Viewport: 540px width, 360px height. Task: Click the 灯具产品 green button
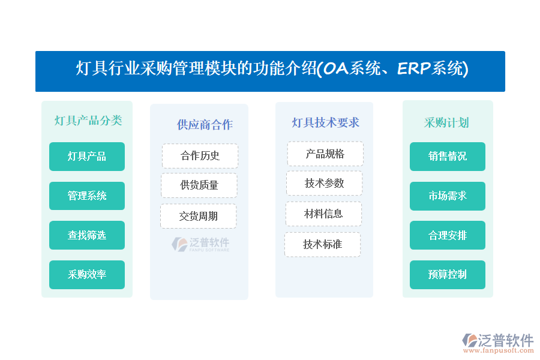click(87, 157)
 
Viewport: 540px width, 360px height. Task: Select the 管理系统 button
click(87, 196)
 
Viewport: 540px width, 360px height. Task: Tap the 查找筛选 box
click(87, 235)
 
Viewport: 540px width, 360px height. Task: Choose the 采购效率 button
click(87, 275)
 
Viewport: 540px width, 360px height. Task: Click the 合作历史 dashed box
click(200, 156)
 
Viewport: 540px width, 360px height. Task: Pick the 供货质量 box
click(199, 185)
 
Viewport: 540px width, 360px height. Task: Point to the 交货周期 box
click(199, 216)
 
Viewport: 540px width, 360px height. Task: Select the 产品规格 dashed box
click(325, 154)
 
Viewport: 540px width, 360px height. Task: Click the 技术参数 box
click(325, 183)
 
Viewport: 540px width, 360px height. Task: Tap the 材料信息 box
click(323, 214)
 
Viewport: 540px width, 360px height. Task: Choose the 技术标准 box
click(322, 245)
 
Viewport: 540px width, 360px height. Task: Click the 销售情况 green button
click(448, 157)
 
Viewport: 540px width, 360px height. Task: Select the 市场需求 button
click(448, 196)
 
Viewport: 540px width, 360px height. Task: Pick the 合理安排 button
click(448, 235)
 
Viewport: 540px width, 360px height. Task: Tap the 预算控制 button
click(448, 275)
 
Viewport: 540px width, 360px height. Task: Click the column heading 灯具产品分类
click(88, 121)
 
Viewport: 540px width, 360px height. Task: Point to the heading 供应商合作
click(205, 125)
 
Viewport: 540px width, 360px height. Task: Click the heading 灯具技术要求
click(325, 122)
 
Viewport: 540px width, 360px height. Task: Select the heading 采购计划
click(446, 122)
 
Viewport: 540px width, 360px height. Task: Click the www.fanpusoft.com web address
click(499, 350)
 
